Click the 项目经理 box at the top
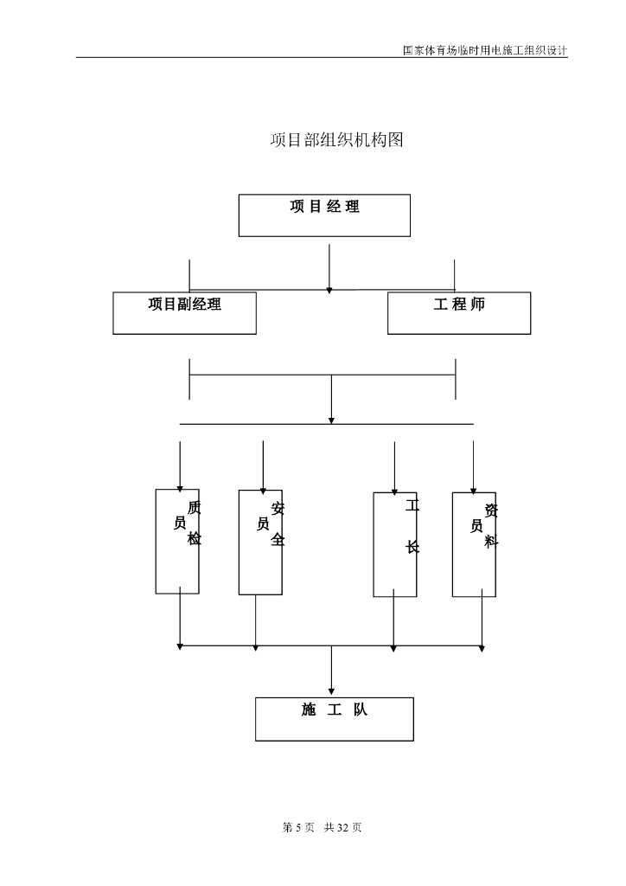324,215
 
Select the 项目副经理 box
184,312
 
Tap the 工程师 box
459,312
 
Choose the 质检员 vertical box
177,542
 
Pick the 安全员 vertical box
260,543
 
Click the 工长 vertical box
394,544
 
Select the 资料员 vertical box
474,544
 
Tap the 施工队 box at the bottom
335,719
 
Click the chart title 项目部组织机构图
337,141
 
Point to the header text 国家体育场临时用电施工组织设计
485,50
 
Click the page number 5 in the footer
297,828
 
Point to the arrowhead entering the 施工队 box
331,691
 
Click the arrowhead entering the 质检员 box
180,486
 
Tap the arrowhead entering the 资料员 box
473,489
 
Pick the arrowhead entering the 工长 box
394,489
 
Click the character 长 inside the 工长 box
412,548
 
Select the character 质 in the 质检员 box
195,508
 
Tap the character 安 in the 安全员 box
278,509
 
